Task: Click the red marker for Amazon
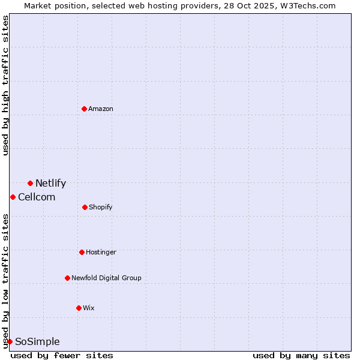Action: (x=84, y=109)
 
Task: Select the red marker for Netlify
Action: (x=30, y=183)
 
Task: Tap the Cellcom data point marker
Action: (x=13, y=197)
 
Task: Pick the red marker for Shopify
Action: (x=85, y=207)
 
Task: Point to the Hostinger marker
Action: (x=82, y=252)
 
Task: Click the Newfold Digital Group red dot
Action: (x=67, y=278)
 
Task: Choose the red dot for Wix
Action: (x=79, y=308)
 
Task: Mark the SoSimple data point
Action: (x=10, y=341)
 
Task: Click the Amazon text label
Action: (x=101, y=109)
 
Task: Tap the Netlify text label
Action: (x=50, y=184)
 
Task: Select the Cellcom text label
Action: (x=37, y=197)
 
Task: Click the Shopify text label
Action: (x=101, y=208)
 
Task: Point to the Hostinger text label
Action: (x=101, y=252)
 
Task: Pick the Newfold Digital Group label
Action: (x=106, y=278)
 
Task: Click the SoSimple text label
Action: (x=37, y=342)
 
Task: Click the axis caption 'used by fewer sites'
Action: (x=62, y=355)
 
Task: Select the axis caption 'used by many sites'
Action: (x=301, y=355)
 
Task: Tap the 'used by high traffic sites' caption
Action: (x=5, y=85)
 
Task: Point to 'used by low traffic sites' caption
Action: (x=5, y=280)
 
